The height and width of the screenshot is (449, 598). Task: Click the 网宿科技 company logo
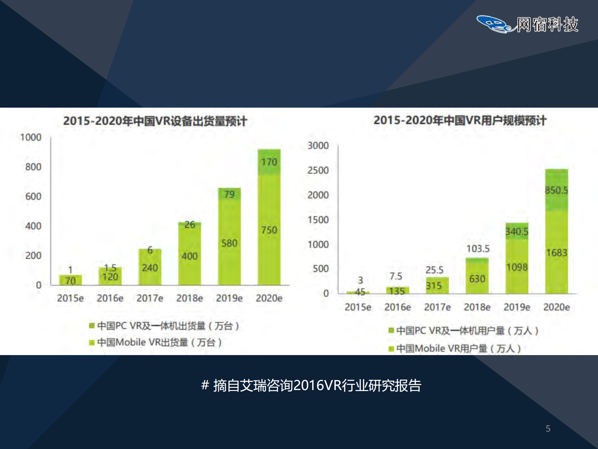click(527, 24)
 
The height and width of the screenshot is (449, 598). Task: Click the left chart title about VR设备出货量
click(155, 121)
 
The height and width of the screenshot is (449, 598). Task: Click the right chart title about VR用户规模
click(460, 120)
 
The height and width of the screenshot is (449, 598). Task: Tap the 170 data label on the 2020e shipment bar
click(269, 162)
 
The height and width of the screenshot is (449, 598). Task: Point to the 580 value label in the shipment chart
click(229, 243)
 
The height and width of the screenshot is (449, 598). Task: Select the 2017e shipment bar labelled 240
click(150, 268)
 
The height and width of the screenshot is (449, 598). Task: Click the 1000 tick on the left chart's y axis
click(31, 137)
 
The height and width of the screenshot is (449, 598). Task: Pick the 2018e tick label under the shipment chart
click(189, 298)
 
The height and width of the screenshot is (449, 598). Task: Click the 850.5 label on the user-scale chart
click(556, 190)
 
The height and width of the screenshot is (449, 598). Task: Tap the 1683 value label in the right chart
click(557, 252)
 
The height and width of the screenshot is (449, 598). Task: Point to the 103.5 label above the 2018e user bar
click(478, 249)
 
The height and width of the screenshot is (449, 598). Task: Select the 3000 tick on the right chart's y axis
click(318, 145)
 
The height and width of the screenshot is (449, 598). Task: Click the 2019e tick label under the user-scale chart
click(517, 307)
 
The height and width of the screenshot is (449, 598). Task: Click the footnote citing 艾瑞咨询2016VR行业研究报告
click(311, 386)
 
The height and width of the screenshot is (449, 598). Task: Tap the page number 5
click(548, 429)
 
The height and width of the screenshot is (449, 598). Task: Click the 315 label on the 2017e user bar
click(434, 286)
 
